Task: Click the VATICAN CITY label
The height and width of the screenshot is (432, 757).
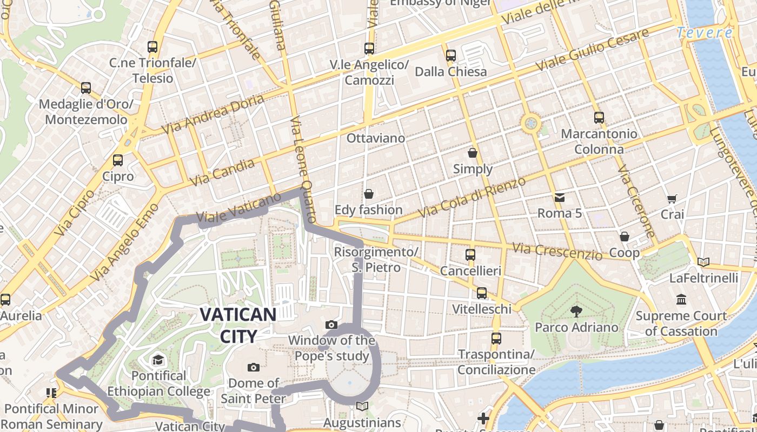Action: pos(238,325)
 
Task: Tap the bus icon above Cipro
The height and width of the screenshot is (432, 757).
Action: pos(117,160)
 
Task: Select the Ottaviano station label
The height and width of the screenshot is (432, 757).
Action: pos(375,138)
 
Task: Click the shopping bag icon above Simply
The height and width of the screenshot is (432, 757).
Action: pos(473,153)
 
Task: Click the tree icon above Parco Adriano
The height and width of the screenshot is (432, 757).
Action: pos(576,311)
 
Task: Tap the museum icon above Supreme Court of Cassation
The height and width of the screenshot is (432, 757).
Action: pos(681,299)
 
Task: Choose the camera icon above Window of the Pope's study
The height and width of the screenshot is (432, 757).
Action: pos(331,325)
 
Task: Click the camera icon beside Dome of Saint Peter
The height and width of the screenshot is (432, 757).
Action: pos(253,368)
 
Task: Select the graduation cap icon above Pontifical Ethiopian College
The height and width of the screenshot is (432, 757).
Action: pos(157,360)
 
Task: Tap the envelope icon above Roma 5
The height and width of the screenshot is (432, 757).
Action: pos(559,198)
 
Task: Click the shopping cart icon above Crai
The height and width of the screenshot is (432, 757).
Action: pos(672,199)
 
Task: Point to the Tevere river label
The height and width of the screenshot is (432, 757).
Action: pos(705,33)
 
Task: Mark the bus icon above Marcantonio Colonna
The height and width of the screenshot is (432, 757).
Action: pos(599,117)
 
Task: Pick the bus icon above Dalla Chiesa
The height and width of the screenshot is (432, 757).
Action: pos(450,55)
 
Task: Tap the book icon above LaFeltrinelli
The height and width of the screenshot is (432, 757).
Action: pos(703,262)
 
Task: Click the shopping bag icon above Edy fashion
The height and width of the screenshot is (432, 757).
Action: pos(369,193)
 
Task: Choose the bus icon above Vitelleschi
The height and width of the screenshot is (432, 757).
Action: pos(481,293)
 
